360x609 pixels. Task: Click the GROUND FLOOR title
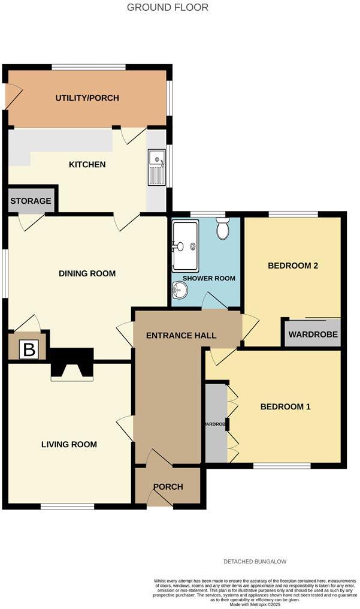[168, 8]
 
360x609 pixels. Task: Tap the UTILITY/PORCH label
[87, 98]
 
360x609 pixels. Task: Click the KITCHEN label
[87, 165]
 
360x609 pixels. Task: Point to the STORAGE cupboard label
[31, 201]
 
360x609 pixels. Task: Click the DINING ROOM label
[87, 274]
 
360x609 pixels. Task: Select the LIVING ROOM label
[69, 445]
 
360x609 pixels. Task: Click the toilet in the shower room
[223, 229]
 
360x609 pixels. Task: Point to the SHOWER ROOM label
[208, 279]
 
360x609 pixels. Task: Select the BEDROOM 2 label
[292, 266]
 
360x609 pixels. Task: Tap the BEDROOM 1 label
[285, 407]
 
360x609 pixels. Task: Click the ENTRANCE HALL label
[181, 336]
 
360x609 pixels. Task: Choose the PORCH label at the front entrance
[168, 487]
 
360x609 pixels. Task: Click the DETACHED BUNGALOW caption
[255, 562]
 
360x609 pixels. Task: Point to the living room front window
[68, 507]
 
